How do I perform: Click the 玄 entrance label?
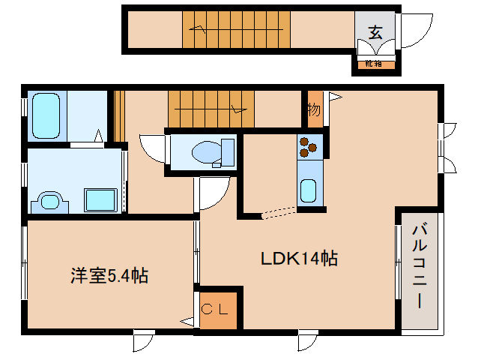[375, 32]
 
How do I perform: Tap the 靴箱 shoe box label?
[373, 64]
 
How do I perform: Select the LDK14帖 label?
[299, 259]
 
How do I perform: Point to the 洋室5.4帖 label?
[109, 276]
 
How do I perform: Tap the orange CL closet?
[219, 308]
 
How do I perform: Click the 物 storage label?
[313, 109]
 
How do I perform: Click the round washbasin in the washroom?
[49, 201]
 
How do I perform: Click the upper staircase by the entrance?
[236, 30]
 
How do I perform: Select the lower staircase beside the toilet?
[211, 109]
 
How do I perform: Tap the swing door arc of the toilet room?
[152, 147]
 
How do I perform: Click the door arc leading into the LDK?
[212, 193]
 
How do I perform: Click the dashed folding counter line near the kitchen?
[278, 212]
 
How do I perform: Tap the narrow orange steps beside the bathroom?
[118, 116]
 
